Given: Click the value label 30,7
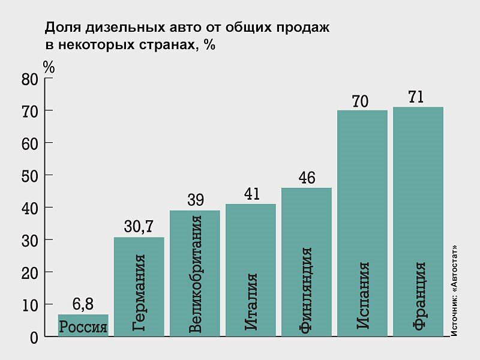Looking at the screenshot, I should (139, 227).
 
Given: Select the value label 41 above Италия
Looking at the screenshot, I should (251, 194).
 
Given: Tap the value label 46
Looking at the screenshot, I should (306, 178).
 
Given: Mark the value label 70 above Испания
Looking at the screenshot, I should (360, 101).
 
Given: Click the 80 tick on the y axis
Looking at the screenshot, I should (30, 79).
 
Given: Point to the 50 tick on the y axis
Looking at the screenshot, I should (30, 176).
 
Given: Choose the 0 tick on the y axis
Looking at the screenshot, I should (34, 337).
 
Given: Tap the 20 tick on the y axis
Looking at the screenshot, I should (30, 273).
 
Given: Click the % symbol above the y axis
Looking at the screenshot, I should (49, 67).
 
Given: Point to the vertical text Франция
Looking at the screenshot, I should (418, 296).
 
